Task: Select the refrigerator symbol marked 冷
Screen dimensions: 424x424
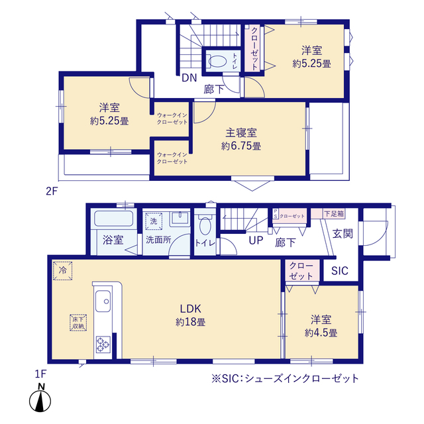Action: point(64,270)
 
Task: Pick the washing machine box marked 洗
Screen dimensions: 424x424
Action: point(152,220)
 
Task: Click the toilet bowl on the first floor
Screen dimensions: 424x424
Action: point(204,225)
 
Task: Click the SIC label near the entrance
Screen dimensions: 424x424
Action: point(339,271)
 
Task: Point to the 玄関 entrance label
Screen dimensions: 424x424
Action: point(342,233)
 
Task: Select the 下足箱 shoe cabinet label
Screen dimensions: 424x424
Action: point(333,213)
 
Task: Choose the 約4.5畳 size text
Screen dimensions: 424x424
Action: point(321,333)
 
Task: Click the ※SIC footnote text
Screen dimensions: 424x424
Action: point(285,378)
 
